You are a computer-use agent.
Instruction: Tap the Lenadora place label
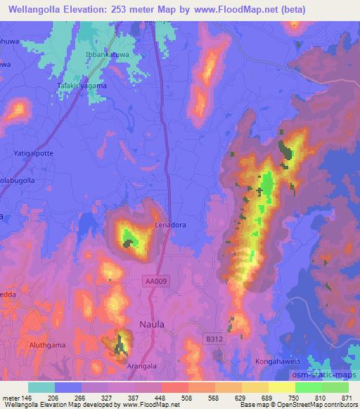click(x=171, y=225)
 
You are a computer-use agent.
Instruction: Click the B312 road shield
click(x=214, y=339)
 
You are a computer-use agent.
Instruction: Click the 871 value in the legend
click(x=345, y=397)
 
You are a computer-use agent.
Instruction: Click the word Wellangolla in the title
click(x=32, y=8)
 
